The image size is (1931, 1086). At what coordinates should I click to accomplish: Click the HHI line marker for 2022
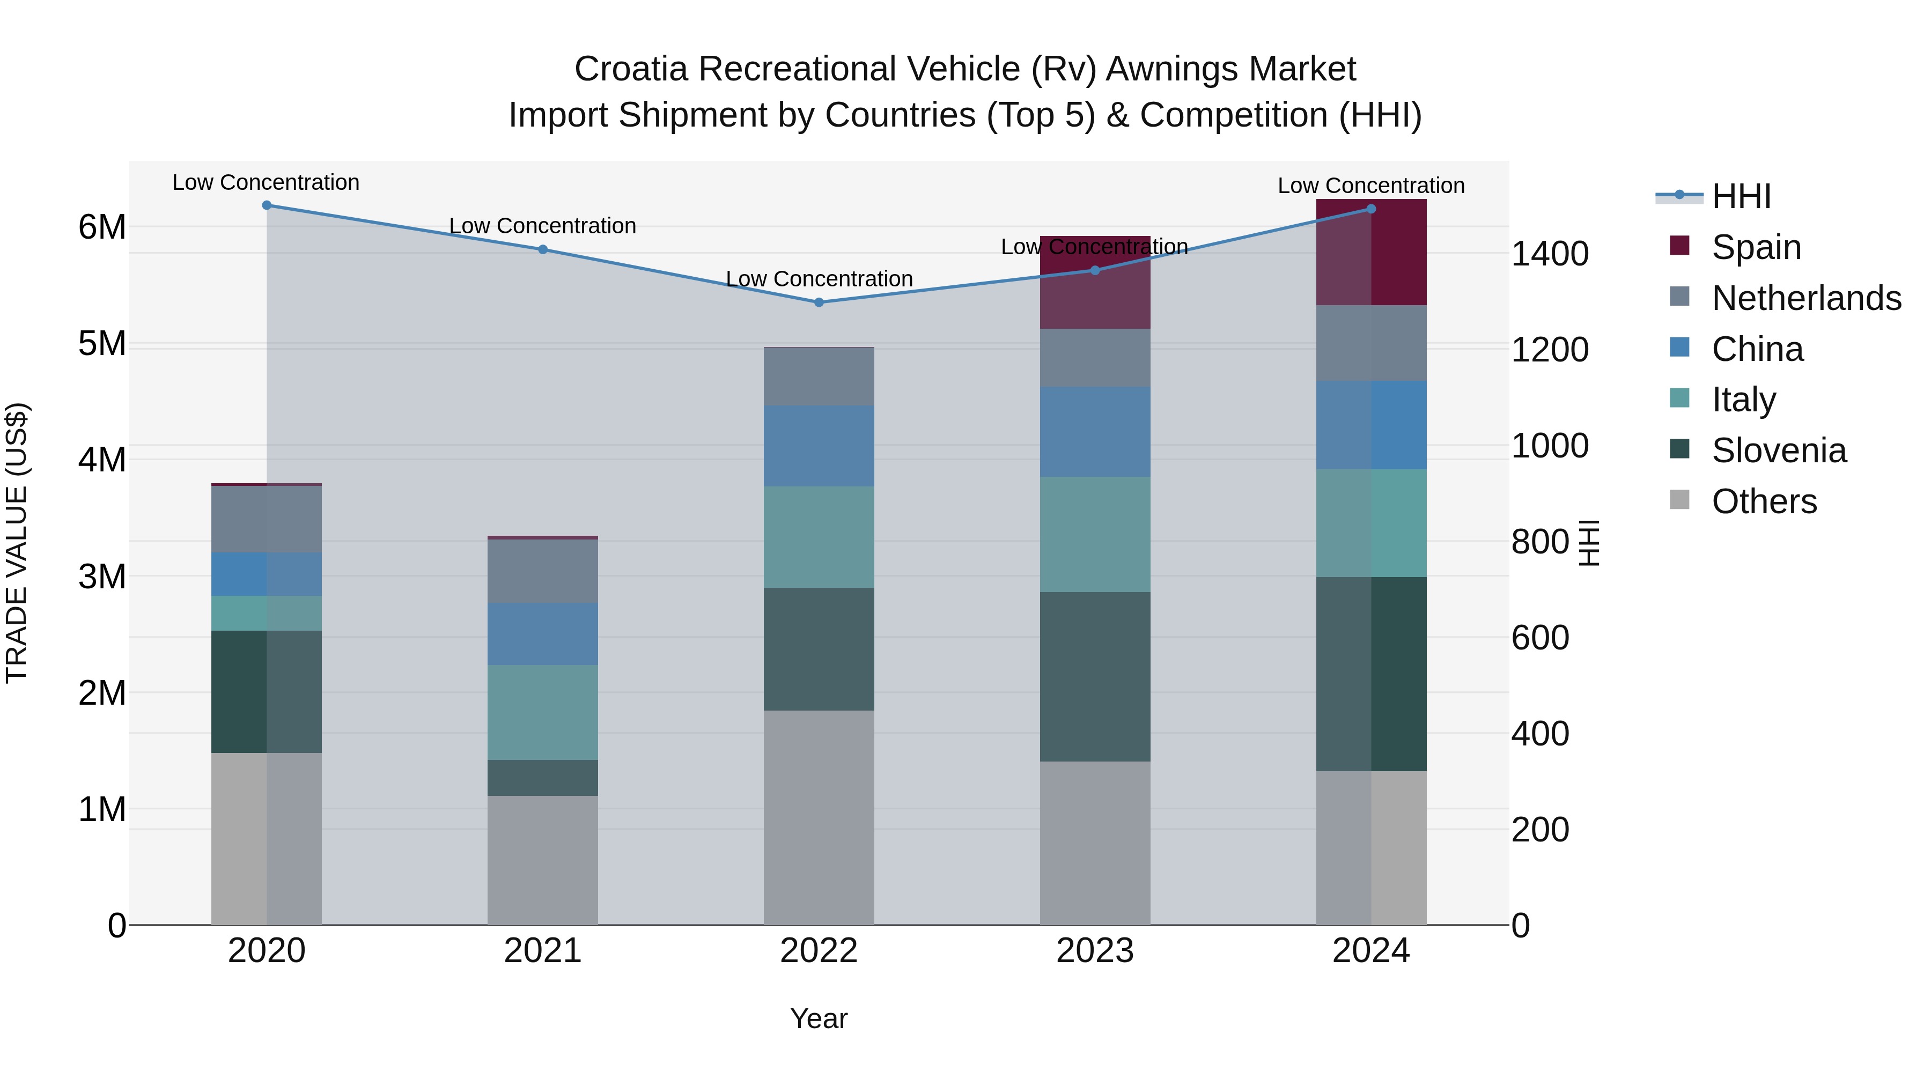[x=819, y=302]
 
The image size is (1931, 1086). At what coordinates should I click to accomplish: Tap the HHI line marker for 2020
[x=267, y=205]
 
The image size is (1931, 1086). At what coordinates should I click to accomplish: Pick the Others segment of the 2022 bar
[x=819, y=817]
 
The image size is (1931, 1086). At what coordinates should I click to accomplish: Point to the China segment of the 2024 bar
[x=1371, y=425]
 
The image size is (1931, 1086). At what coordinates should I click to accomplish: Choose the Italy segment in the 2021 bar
[x=543, y=712]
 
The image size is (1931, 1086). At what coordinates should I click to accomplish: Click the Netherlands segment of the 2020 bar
[x=267, y=519]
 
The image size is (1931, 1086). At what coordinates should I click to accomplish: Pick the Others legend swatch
[x=1680, y=500]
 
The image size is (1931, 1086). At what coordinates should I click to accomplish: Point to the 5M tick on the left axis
[x=102, y=343]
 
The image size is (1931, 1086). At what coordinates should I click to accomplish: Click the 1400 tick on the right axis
[x=1549, y=253]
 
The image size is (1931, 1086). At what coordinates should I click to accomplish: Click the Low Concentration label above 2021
[x=543, y=226]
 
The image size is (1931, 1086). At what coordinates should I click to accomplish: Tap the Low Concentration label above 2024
[x=1371, y=185]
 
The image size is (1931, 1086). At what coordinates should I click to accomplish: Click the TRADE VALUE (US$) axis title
[x=17, y=543]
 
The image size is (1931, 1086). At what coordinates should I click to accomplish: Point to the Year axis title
[x=819, y=1018]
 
